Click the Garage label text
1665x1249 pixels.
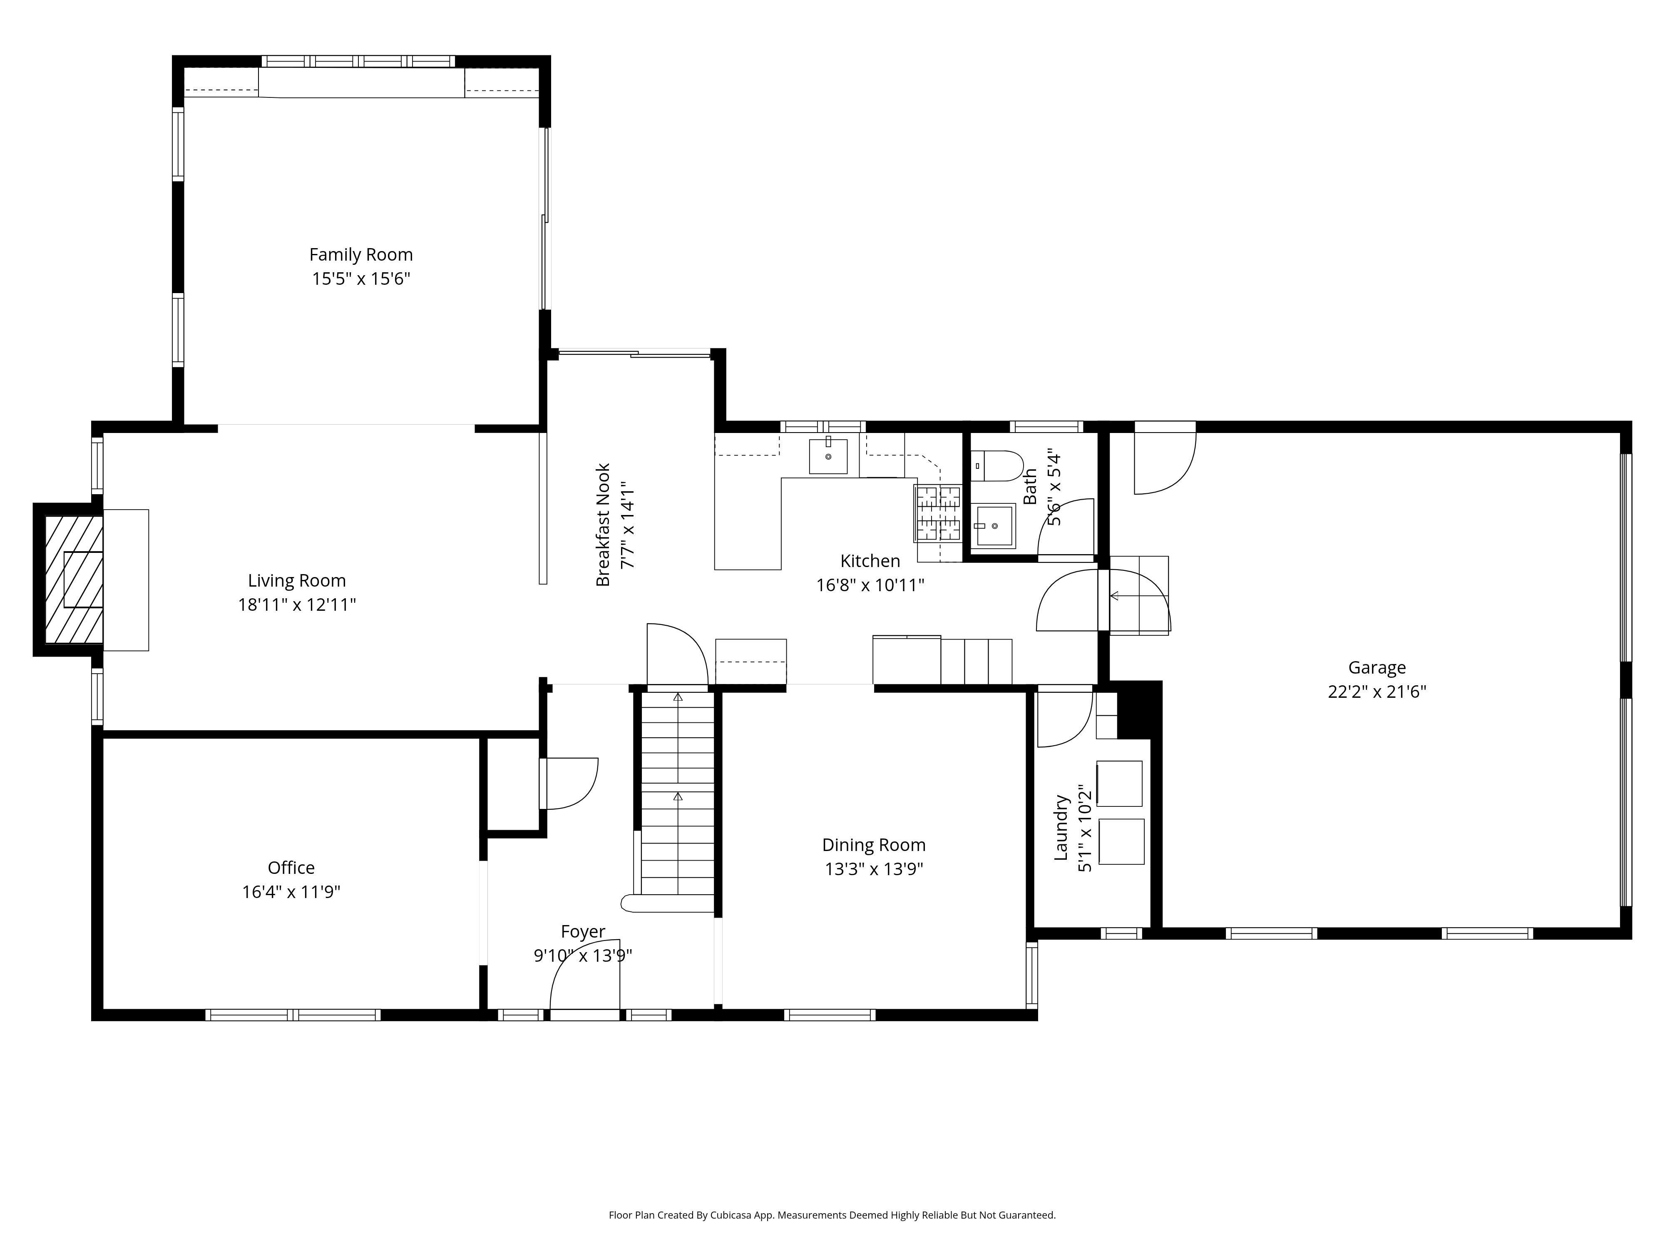tap(1377, 668)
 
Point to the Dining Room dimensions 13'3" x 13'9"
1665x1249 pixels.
tap(874, 869)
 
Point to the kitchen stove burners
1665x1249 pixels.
tap(938, 513)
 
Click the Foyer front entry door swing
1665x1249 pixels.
tap(585, 975)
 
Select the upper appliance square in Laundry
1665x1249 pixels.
tap(1119, 784)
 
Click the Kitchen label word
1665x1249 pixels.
tap(870, 561)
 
